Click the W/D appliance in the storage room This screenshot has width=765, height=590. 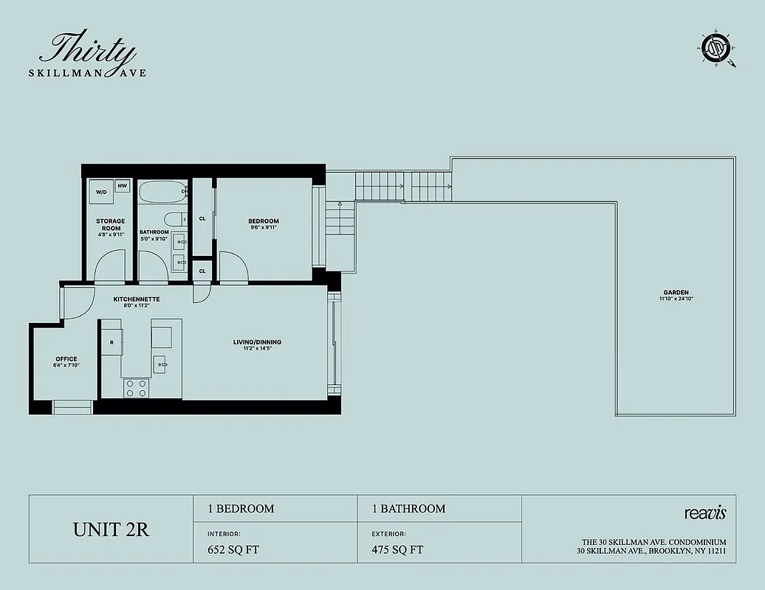(x=100, y=191)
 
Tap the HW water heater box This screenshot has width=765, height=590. (x=123, y=186)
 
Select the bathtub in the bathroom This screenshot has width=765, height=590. (x=160, y=194)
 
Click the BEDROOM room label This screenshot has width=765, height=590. (x=264, y=221)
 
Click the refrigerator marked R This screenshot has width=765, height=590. (x=112, y=343)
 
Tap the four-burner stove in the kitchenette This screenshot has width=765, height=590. (x=136, y=388)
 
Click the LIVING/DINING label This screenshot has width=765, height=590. (x=257, y=342)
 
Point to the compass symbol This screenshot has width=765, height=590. (x=716, y=51)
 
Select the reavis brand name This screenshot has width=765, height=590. (x=705, y=512)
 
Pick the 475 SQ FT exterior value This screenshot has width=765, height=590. (x=397, y=549)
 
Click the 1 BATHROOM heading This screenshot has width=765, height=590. (x=408, y=509)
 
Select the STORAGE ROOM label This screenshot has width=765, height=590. (x=110, y=224)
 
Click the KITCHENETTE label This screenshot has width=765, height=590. (x=137, y=299)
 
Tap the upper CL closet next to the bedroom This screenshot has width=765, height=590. (x=202, y=218)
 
